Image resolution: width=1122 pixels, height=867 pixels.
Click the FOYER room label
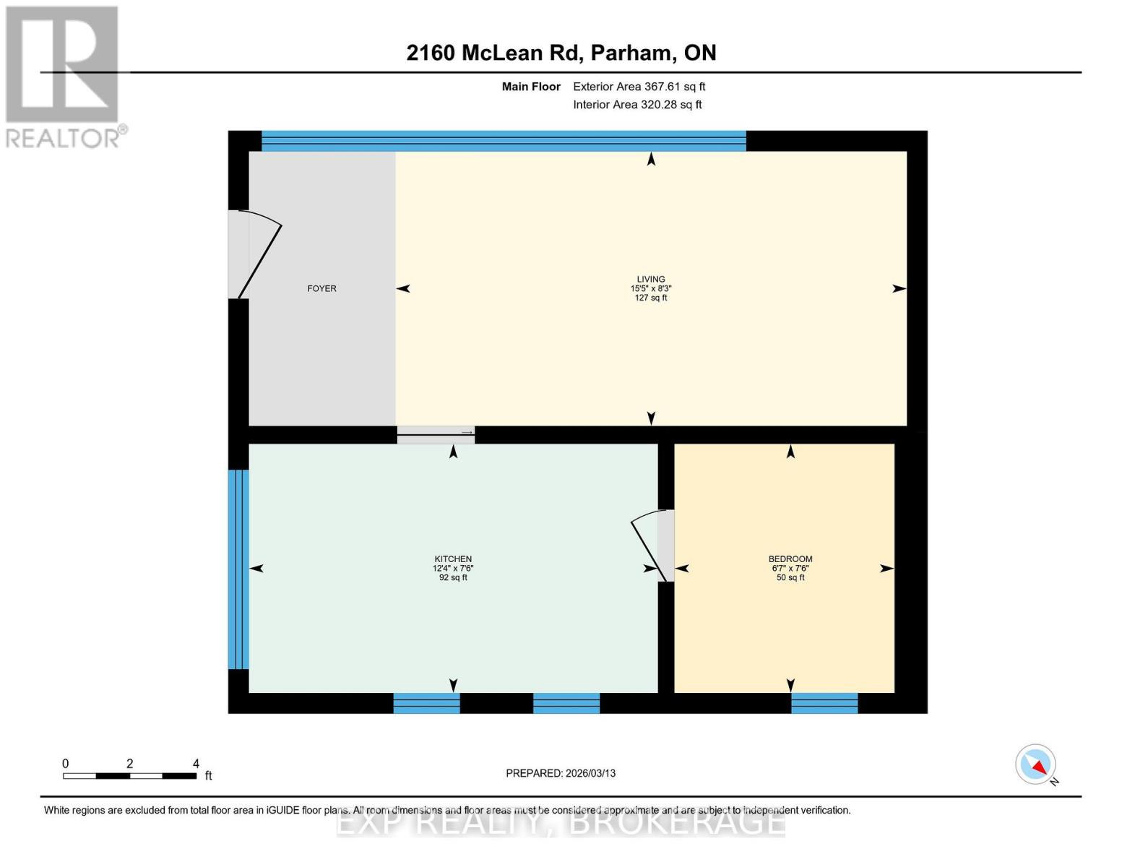[322, 288]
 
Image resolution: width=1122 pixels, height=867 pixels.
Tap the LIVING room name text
[650, 279]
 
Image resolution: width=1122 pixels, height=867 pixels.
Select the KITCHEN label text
[453, 558]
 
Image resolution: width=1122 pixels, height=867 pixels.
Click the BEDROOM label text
[790, 558]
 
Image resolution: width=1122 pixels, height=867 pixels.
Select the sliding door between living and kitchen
[436, 434]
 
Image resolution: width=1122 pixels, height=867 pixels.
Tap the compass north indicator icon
[1035, 764]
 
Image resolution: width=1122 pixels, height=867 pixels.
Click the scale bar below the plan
[130, 776]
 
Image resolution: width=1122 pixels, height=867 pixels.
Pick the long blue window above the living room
[504, 141]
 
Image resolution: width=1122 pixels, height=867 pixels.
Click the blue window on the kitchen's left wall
[238, 569]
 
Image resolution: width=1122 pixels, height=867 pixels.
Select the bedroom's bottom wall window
[824, 703]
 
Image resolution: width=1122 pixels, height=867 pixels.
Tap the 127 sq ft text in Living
[650, 298]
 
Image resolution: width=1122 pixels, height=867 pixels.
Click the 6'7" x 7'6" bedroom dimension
[790, 569]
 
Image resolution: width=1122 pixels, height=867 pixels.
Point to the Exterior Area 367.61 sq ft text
[639, 87]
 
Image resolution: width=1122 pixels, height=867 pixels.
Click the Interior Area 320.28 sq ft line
[637, 105]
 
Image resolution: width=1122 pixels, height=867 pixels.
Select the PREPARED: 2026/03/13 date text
[561, 773]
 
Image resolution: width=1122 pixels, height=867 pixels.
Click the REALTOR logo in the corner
[64, 76]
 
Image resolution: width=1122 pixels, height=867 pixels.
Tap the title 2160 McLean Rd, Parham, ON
[561, 53]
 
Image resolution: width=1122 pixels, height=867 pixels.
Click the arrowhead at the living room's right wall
[899, 288]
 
